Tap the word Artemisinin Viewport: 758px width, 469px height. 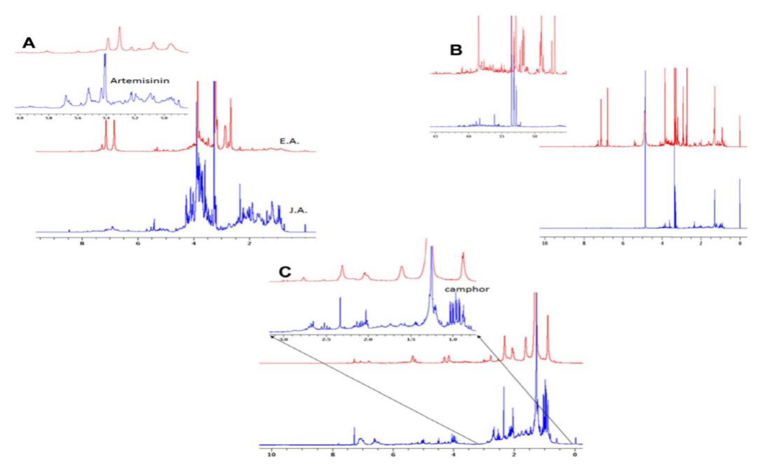(140, 81)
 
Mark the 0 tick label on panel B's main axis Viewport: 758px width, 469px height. (740, 243)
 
